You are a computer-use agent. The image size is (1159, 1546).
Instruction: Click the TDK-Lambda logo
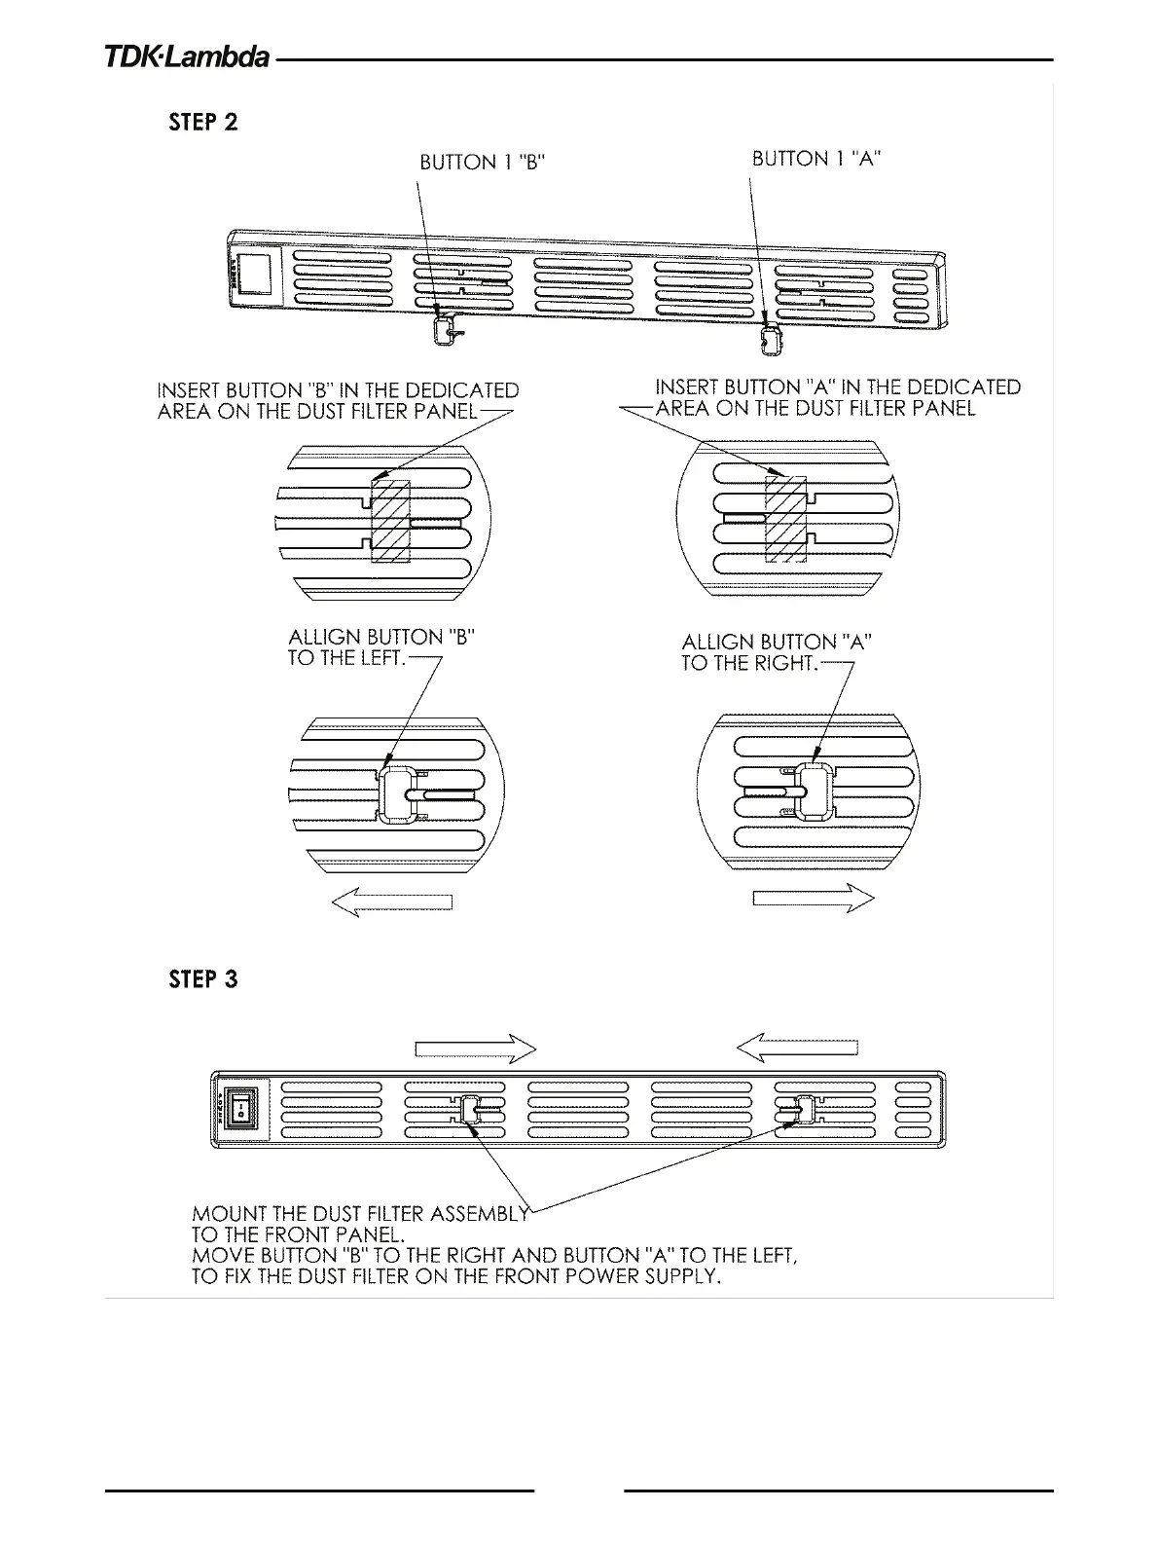coord(187,58)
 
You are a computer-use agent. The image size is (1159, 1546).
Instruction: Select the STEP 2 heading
coord(202,123)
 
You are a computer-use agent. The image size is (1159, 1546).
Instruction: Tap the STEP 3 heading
coord(202,979)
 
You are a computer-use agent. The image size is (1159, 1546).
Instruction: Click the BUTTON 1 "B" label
coord(482,163)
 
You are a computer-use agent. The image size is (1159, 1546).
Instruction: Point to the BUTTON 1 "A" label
coord(816,159)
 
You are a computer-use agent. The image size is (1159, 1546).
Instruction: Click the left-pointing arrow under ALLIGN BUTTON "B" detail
coord(392,902)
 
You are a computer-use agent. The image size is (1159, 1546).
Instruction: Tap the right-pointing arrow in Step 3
coord(476,1049)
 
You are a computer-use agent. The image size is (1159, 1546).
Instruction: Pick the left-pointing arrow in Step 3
coord(797,1048)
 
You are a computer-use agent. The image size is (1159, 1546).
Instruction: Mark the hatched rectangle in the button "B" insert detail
coord(392,520)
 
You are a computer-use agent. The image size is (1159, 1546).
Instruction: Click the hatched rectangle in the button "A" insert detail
coord(785,519)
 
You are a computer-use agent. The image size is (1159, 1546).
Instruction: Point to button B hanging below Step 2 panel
coord(445,330)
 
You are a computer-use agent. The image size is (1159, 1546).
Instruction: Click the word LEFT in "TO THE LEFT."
coord(378,658)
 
